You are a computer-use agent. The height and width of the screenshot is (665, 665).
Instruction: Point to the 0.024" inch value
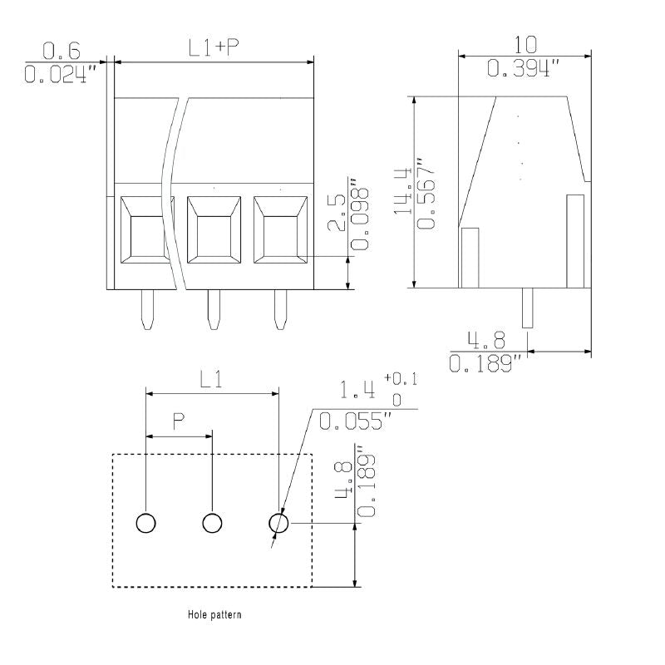(62, 75)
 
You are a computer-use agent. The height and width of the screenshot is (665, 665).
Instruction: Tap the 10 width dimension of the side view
(525, 45)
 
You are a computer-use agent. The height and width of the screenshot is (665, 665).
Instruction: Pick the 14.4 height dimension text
(404, 191)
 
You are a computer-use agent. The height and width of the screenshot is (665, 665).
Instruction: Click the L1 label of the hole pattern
(211, 379)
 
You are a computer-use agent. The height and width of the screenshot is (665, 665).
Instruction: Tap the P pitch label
(179, 421)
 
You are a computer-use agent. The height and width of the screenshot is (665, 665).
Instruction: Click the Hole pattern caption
(214, 616)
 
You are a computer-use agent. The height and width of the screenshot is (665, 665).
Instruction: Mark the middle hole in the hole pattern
(213, 523)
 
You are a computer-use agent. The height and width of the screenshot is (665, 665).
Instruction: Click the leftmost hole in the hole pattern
(146, 523)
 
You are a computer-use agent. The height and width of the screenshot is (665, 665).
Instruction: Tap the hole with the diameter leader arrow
(278, 523)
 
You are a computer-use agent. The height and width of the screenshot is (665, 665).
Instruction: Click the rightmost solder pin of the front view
(280, 310)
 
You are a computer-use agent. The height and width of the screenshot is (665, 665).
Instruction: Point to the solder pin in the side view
(527, 308)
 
